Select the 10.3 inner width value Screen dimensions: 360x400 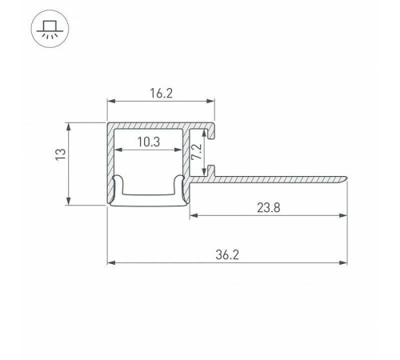[x=146, y=142]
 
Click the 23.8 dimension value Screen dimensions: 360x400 [x=268, y=207]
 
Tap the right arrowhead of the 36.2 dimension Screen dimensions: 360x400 [x=345, y=262]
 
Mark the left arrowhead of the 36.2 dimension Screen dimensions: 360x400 [x=112, y=262]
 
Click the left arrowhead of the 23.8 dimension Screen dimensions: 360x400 [x=194, y=215]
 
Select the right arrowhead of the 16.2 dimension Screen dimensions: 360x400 [x=212, y=102]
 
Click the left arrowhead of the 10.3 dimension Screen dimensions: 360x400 [x=121, y=150]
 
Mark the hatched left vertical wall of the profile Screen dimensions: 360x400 [x=111, y=164]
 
